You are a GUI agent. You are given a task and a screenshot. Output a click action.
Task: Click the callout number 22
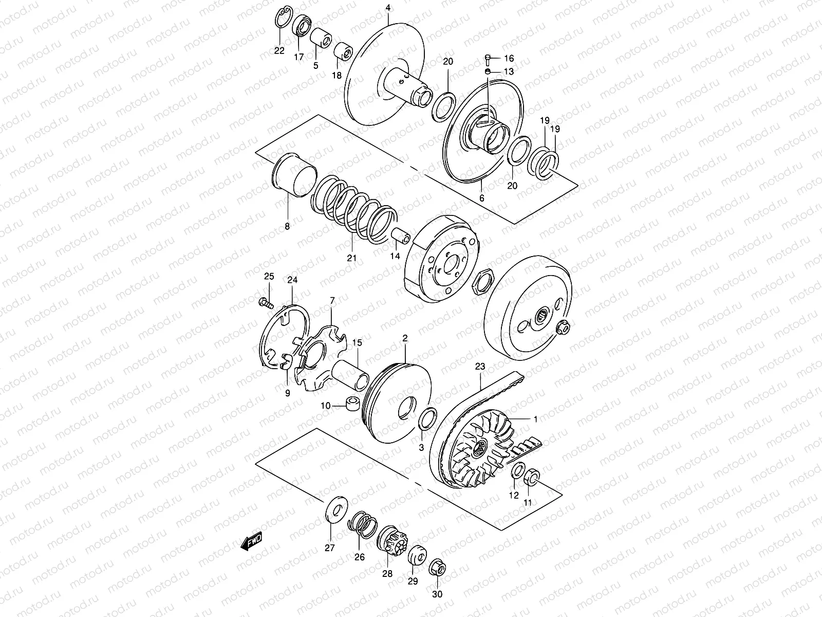coord(279,50)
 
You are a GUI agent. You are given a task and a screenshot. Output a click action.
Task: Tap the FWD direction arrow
coord(252,541)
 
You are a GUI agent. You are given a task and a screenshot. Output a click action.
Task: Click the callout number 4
coord(388,8)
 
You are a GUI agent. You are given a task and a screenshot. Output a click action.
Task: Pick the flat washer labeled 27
coord(337,509)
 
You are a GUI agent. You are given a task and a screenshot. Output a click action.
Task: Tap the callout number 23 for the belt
coord(480,367)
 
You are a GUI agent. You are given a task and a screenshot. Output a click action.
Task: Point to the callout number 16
coord(509,59)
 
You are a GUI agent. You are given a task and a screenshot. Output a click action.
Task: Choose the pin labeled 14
coord(401,237)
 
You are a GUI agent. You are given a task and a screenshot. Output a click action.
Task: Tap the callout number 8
coord(287,226)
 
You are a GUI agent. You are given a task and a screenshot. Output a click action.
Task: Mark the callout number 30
coord(437,594)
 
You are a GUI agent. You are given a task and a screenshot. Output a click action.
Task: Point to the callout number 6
coord(481,197)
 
